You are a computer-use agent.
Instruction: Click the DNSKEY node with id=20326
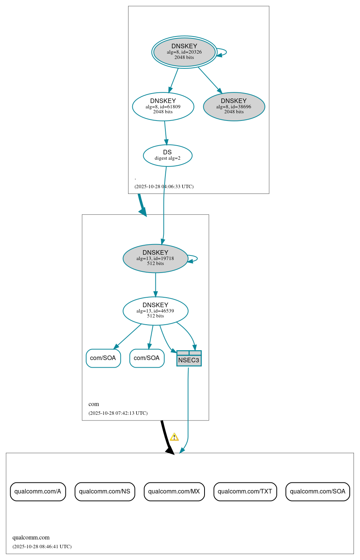coord(184,52)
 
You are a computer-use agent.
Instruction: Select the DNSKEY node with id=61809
coord(163,106)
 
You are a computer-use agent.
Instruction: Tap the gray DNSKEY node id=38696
coord(234,106)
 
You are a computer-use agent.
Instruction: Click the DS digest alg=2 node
coord(168,155)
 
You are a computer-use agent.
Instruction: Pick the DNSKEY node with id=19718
coord(155,259)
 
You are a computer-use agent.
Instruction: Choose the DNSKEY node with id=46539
coord(155,311)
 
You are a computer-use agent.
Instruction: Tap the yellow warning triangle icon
coord(174,437)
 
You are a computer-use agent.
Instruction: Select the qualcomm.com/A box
coord(38,492)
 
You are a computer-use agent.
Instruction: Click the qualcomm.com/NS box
coord(105,492)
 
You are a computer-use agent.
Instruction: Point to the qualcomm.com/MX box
coord(174,492)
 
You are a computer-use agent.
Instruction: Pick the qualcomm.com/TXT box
coord(245,492)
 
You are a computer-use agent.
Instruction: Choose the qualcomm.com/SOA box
coord(317,492)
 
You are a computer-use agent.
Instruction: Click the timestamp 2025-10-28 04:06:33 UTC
coord(164,187)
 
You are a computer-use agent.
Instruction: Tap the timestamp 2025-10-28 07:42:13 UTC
coord(118,413)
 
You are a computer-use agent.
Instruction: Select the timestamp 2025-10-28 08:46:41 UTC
coord(42,547)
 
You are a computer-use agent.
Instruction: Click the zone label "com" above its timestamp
coord(94,404)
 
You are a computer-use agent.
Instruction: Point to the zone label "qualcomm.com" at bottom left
coord(31,538)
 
